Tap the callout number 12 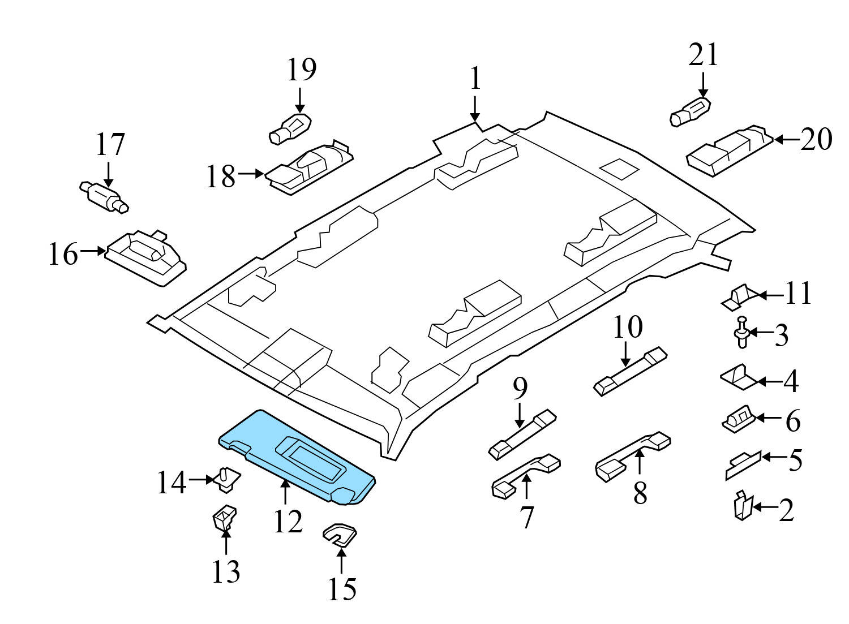pyautogui.click(x=288, y=522)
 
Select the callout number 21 pyautogui.click(x=703, y=55)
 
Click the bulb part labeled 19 pyautogui.click(x=290, y=128)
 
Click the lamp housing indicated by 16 pyautogui.click(x=145, y=258)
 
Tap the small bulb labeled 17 pyautogui.click(x=104, y=196)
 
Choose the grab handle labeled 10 pyautogui.click(x=630, y=371)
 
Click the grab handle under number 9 pyautogui.click(x=522, y=434)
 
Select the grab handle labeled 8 pyautogui.click(x=633, y=456)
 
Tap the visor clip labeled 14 pyautogui.click(x=226, y=479)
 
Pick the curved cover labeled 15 pyautogui.click(x=340, y=535)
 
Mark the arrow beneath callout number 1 pyautogui.click(x=474, y=109)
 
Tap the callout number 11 pyautogui.click(x=798, y=293)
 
